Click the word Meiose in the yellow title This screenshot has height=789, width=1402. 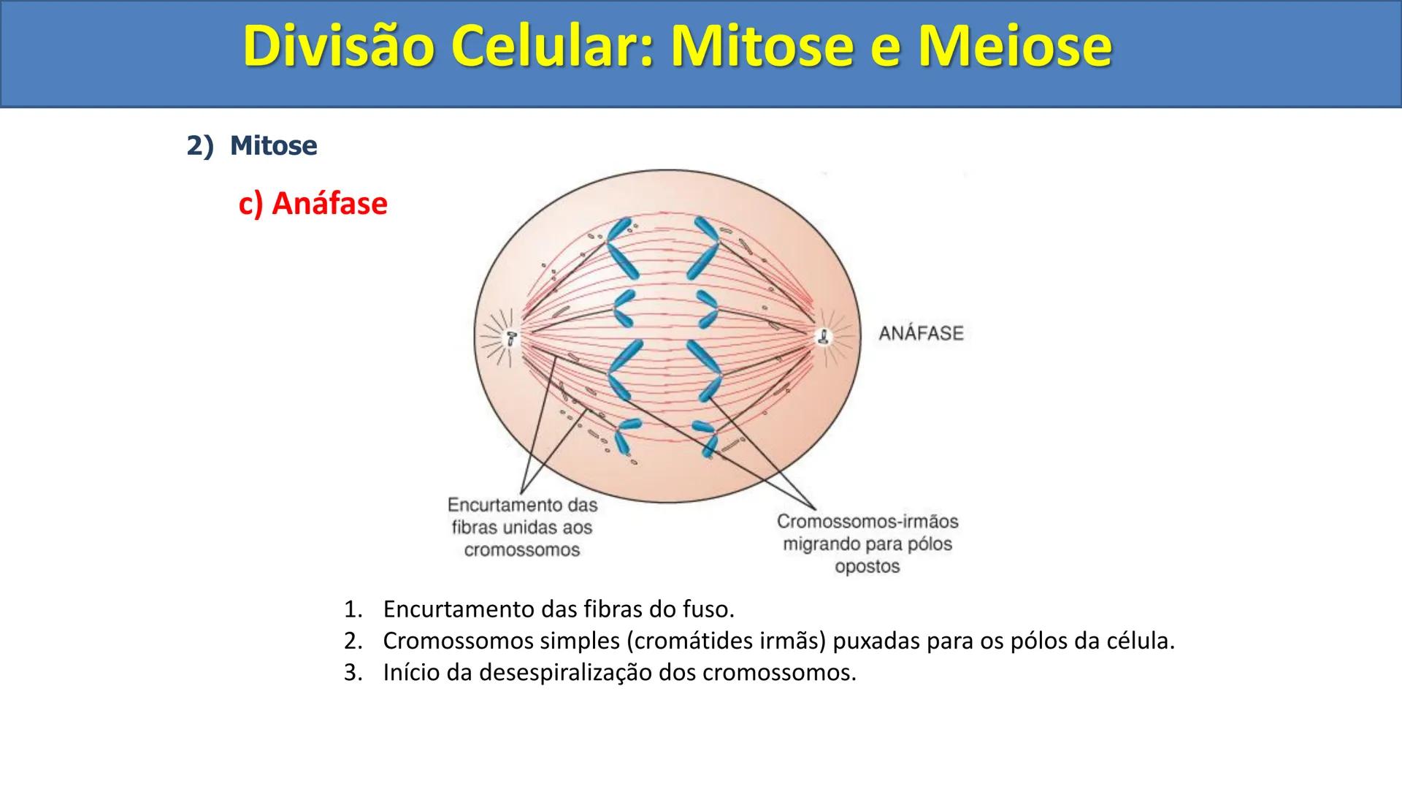(x=1015, y=47)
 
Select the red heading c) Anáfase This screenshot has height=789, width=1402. (x=313, y=203)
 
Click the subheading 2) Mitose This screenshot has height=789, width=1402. (x=252, y=145)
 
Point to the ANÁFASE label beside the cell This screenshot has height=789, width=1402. (x=921, y=334)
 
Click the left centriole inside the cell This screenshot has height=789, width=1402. (x=512, y=338)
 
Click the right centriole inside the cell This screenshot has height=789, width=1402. (x=824, y=338)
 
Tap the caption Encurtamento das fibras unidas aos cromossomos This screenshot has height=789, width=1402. (x=522, y=527)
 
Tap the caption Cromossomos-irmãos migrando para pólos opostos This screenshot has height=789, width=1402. (x=867, y=544)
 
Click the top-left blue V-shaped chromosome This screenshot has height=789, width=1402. (x=620, y=248)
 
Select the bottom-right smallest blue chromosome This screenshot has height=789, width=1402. (x=707, y=438)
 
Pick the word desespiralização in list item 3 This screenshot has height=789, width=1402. (x=564, y=672)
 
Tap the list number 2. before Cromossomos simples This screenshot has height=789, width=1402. (x=353, y=641)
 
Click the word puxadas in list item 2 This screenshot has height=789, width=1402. (x=876, y=641)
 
